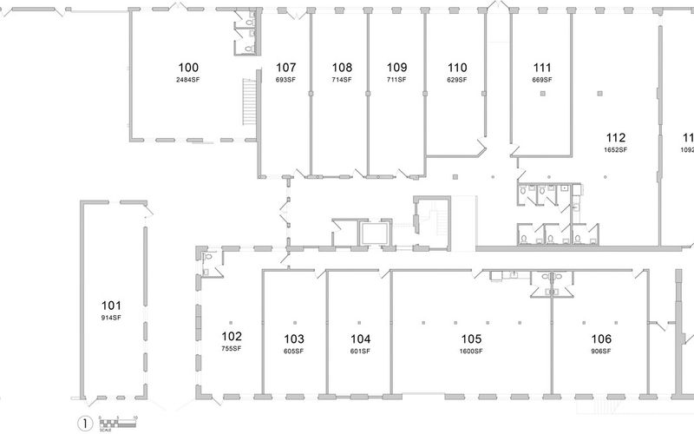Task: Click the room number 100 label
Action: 188,68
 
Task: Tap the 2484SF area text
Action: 188,80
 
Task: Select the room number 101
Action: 111,306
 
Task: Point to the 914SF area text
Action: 111,318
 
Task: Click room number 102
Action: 232,337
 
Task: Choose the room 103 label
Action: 294,339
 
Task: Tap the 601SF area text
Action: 360,352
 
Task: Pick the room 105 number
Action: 470,339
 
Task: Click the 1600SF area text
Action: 470,352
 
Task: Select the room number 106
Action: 601,339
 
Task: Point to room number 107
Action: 286,68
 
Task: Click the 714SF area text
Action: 342,80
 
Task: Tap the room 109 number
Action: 397,68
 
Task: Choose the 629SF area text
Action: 457,80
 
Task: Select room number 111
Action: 543,68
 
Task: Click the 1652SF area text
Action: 617,149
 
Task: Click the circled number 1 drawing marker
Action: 85,424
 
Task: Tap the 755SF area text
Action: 232,349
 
